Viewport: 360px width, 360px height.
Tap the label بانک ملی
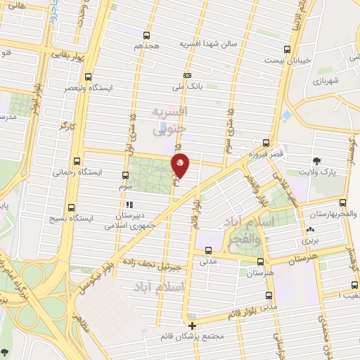coord(187,87)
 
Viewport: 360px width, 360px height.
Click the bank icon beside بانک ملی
coord(187,75)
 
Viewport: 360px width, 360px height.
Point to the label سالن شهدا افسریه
coord(210,44)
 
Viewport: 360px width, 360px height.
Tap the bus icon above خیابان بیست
coord(287,49)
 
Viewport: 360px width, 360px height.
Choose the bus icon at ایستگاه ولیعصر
coord(88,77)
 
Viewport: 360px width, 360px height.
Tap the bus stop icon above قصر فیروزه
coord(266,141)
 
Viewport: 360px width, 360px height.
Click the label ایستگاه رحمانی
coord(78,172)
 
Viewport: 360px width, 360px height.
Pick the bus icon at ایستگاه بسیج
coord(71,207)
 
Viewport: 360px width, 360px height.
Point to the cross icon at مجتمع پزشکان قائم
coord(193,326)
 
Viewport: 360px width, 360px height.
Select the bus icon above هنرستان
coord(261,259)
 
